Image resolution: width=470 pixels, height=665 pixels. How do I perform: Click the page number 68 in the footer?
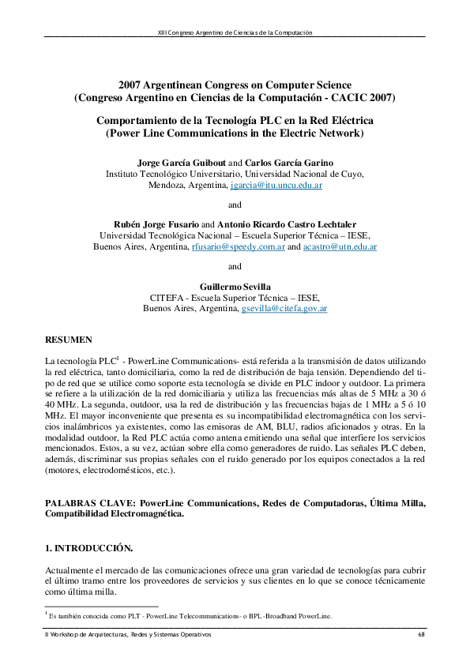421,635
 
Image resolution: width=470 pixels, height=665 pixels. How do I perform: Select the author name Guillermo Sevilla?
235,284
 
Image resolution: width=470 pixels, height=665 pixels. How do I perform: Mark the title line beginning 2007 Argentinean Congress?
235,85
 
